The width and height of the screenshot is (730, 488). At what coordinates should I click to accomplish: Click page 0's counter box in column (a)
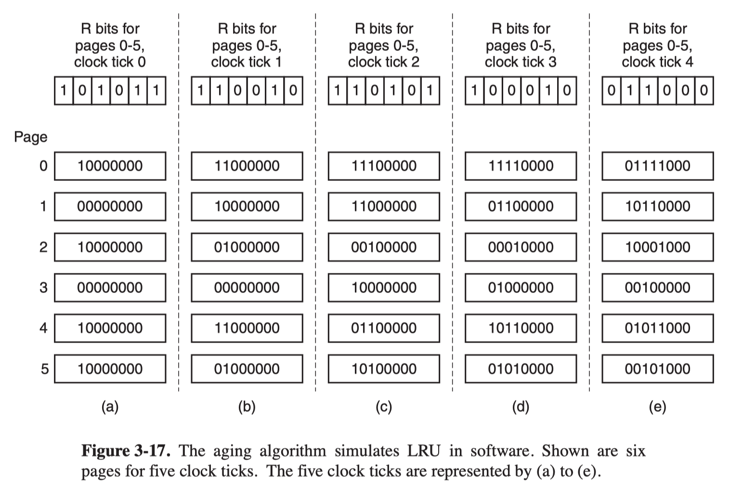point(110,166)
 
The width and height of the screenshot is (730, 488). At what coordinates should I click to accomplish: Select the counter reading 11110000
point(521,166)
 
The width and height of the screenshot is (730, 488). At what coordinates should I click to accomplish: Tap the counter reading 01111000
point(658,166)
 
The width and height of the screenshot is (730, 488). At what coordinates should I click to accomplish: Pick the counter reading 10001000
point(658,247)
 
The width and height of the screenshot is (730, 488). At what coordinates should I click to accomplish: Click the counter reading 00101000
point(658,369)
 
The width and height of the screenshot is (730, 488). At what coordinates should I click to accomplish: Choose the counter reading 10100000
point(384,369)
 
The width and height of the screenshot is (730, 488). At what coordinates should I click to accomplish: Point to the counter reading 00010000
point(521,247)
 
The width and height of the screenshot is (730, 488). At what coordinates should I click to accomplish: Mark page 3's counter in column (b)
point(247,288)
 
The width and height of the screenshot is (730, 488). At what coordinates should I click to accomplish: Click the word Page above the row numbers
point(31,137)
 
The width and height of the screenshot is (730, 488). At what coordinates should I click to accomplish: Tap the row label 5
point(45,369)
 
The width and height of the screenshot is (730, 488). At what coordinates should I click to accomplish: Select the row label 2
point(43,247)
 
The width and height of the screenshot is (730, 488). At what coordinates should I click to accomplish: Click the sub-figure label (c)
point(384,407)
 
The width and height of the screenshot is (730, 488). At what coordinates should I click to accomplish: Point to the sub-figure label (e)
point(658,407)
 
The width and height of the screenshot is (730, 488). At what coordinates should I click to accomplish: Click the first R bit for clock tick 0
point(64,90)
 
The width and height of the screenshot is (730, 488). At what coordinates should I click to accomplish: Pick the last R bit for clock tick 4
point(704,90)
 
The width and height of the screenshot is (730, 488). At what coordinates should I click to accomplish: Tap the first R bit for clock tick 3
point(474,90)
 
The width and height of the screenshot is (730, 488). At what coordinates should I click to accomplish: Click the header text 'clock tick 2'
point(384,62)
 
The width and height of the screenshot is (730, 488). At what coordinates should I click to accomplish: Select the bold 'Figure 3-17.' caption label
point(126,451)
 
